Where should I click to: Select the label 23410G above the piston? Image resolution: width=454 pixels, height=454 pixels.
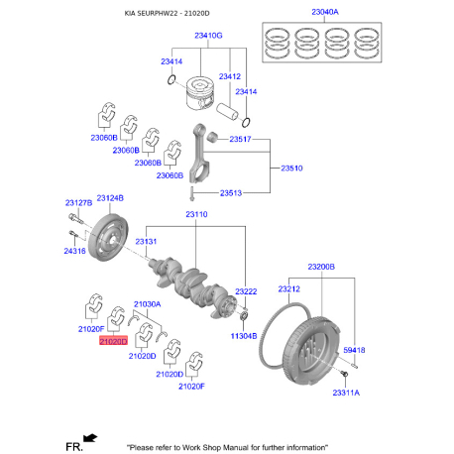pyautogui.click(x=207, y=35)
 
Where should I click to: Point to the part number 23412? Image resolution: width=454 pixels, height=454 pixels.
pyautogui.click(x=229, y=76)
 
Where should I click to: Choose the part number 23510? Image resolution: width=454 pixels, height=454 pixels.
pyautogui.click(x=292, y=169)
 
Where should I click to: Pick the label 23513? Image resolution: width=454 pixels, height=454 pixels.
pyautogui.click(x=232, y=192)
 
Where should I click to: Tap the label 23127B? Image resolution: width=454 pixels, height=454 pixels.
pyautogui.click(x=79, y=202)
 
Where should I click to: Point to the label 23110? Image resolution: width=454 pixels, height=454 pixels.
pyautogui.click(x=195, y=214)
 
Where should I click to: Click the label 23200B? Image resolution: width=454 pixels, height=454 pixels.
pyautogui.click(x=320, y=267)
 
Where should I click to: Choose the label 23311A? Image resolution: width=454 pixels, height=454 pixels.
pyautogui.click(x=346, y=394)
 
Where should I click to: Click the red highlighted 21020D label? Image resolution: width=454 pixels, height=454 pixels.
pyautogui.click(x=113, y=341)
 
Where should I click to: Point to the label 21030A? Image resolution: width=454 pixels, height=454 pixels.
pyautogui.click(x=147, y=303)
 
